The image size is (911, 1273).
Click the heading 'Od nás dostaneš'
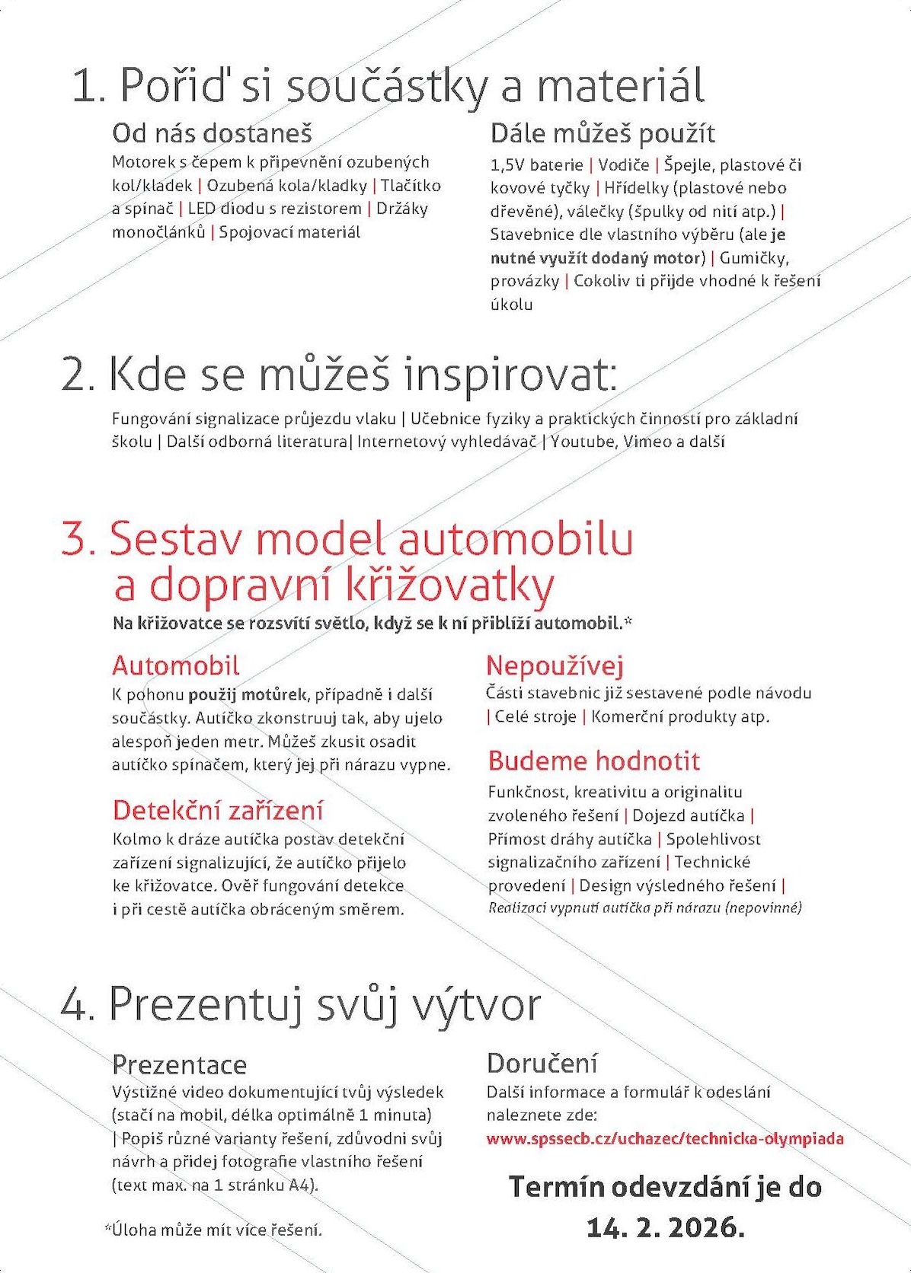tap(212, 134)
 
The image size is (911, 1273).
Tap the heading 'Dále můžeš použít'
tap(603, 134)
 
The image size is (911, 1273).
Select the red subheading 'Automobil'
tap(176, 666)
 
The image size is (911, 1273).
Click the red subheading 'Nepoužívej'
tap(555, 666)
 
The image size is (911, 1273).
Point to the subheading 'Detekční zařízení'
tap(218, 810)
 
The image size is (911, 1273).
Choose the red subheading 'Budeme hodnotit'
tap(593, 761)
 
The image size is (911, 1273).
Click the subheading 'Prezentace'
tap(179, 1064)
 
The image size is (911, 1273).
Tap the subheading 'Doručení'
tap(542, 1064)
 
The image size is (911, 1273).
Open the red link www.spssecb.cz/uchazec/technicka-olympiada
tap(665, 1139)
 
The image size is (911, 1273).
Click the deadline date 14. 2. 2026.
tap(665, 1227)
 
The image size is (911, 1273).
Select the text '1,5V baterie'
tap(536, 165)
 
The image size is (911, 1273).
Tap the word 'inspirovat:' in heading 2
tap(510, 375)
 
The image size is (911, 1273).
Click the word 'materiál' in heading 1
tap(621, 85)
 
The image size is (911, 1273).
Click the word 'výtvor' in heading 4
tap(476, 1005)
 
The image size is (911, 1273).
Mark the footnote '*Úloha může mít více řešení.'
tap(213, 1230)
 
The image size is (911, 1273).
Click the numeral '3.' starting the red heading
tap(78, 539)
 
